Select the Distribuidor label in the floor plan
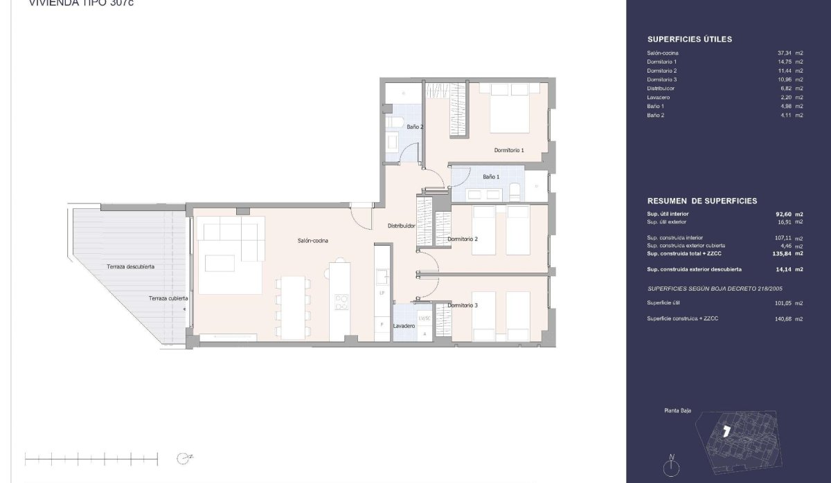401,226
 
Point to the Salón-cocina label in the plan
313,240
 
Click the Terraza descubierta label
130,266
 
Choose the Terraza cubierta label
168,298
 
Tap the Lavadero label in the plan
404,326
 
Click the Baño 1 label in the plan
490,177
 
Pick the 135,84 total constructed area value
783,254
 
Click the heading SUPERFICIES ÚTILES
689,39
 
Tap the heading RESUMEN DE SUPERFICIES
702,201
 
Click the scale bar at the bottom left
91,457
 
